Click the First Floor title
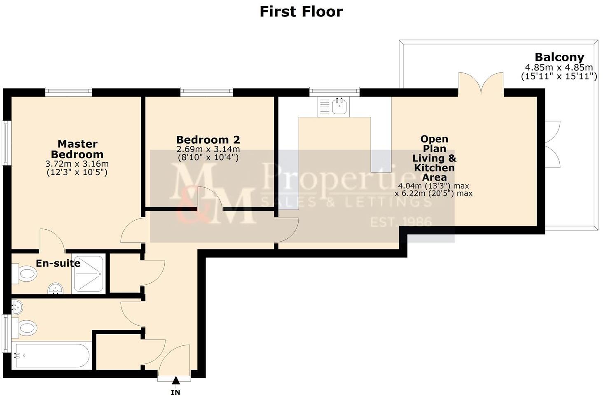click(x=301, y=12)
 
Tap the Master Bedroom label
click(x=77, y=149)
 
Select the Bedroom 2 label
click(x=208, y=140)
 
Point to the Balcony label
click(x=559, y=57)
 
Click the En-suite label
click(x=58, y=263)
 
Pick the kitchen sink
click(x=339, y=106)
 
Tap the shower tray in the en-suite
click(x=88, y=274)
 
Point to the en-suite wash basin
click(x=55, y=289)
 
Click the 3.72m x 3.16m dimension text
click(x=77, y=164)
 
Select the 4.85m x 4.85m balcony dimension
click(x=559, y=68)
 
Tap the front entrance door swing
click(x=175, y=360)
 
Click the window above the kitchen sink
click(x=334, y=91)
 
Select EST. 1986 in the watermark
click(x=401, y=222)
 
